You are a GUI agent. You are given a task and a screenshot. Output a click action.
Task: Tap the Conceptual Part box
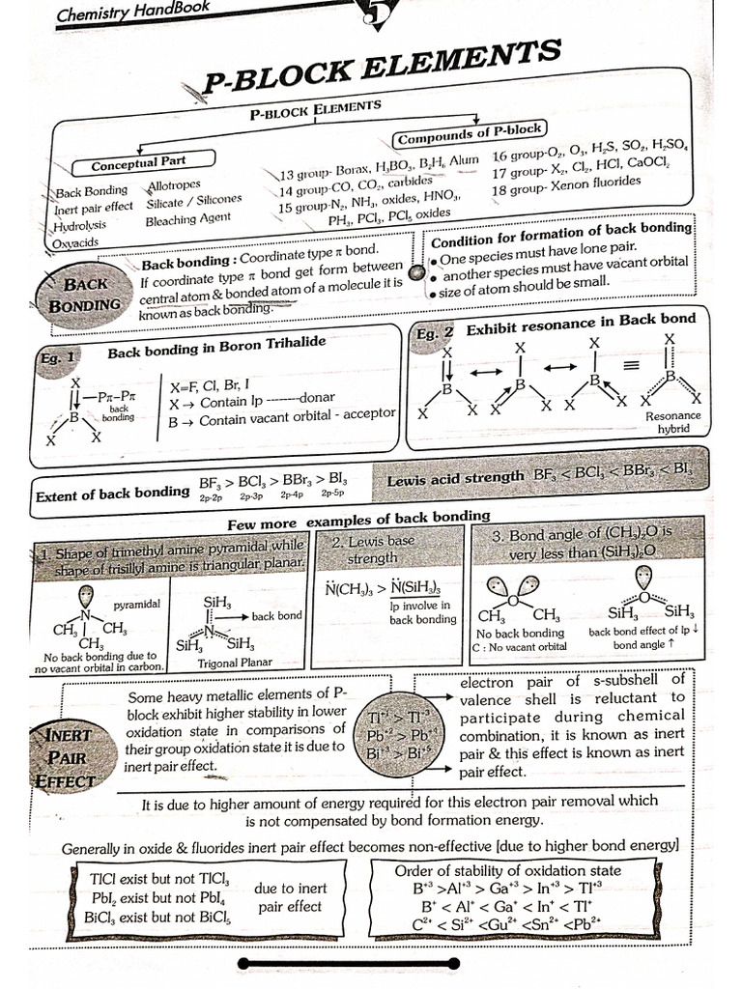[139, 160]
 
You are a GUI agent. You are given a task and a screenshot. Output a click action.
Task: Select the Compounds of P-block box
[470, 130]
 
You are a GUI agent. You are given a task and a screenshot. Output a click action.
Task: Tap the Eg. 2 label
[433, 333]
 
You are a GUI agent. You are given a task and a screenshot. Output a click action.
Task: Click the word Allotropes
[174, 184]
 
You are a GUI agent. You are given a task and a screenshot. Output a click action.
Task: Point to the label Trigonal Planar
[235, 663]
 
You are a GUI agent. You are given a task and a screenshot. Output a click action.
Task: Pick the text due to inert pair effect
[290, 897]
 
